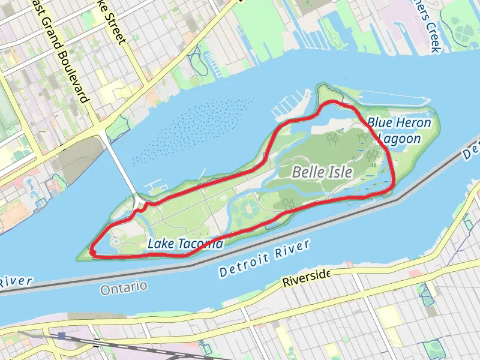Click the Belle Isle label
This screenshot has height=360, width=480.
tap(322, 172)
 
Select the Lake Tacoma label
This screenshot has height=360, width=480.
tap(185, 244)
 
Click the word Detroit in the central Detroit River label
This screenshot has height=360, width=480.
tap(242, 264)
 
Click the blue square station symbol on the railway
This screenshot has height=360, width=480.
tap(62, 335)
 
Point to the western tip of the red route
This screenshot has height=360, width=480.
tap(92, 251)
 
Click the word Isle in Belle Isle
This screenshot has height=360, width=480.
tap(340, 172)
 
